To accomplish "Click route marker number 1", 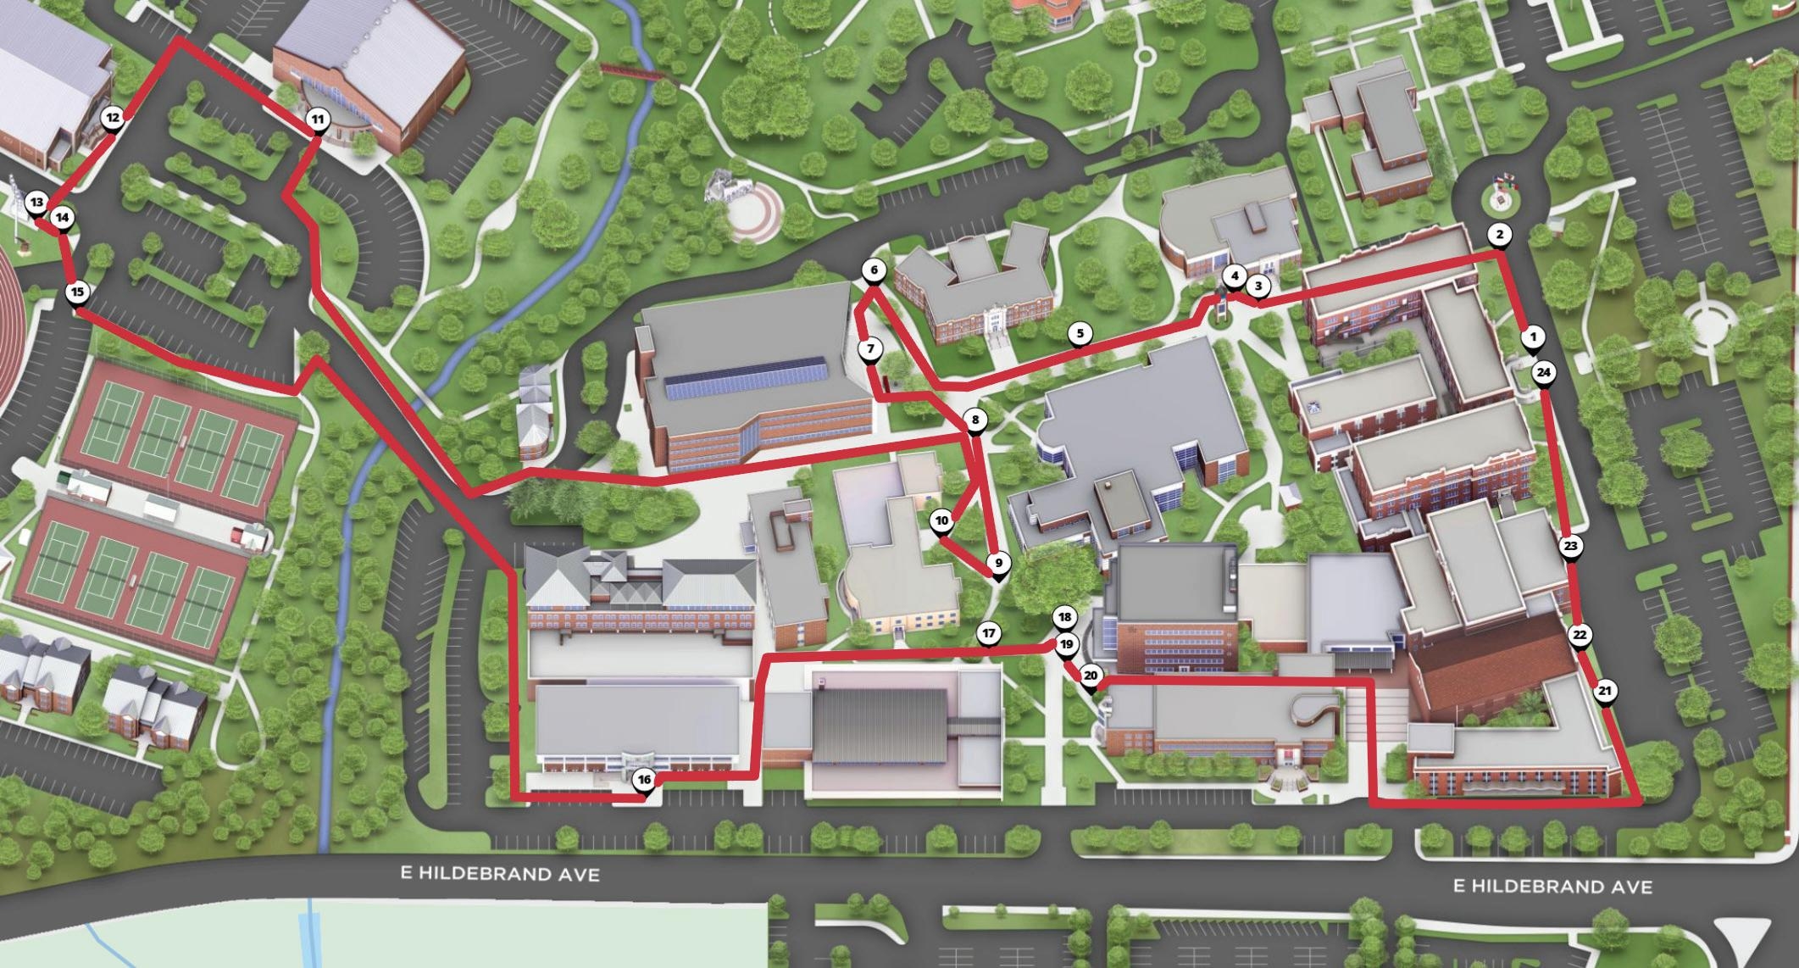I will (x=1532, y=337).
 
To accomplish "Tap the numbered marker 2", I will (x=1499, y=235).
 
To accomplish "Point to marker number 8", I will (x=975, y=420).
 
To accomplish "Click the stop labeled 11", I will (x=317, y=120).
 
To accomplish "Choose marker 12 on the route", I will (x=112, y=118).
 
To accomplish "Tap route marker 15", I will (x=77, y=292).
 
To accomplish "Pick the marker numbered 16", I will (x=644, y=780).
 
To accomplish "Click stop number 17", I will (x=988, y=633).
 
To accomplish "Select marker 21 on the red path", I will (x=1604, y=691).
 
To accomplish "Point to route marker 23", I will (x=1570, y=546).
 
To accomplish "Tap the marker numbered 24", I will (x=1543, y=372).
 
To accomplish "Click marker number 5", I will (x=1080, y=333).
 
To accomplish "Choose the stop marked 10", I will (x=941, y=521).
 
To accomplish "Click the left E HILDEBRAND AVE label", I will (x=500, y=873).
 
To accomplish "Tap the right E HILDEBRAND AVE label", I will (x=1552, y=887).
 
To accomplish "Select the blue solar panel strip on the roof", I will (x=746, y=378).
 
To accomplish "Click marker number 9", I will (x=998, y=563).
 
